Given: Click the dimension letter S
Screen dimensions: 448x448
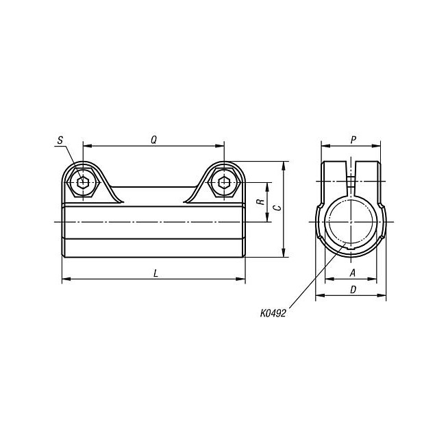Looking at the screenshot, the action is [60, 140].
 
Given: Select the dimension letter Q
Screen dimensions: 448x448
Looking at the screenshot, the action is [153, 140].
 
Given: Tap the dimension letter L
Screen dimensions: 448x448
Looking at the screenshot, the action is [155, 273].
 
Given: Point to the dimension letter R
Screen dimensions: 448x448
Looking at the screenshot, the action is [260, 202].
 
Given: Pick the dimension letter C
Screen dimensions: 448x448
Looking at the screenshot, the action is [277, 208].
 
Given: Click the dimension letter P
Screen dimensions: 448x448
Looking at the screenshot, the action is [353, 140].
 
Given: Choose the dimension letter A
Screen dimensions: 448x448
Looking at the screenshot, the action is [353, 273].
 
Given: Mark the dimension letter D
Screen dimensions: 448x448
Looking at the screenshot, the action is [353, 290].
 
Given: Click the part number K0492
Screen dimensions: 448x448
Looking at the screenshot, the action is [273, 314].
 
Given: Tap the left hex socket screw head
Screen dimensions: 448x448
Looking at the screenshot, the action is [83, 182].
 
